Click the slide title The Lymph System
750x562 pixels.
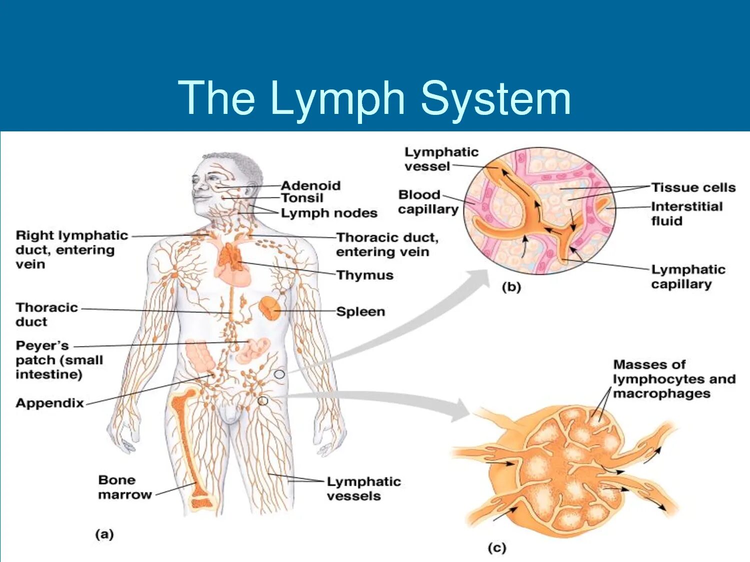(374, 98)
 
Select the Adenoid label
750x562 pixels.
(310, 186)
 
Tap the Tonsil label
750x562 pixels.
(302, 198)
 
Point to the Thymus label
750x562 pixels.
(364, 275)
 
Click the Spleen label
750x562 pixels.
(360, 312)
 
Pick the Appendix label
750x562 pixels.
(49, 403)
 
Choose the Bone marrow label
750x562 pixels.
(124, 488)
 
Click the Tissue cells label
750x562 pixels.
(693, 188)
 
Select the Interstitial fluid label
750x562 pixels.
(686, 214)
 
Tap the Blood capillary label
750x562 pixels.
(428, 202)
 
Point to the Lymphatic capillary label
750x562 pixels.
(687, 277)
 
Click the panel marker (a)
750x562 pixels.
(104, 535)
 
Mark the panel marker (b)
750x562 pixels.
(511, 287)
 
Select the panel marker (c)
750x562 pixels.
(496, 548)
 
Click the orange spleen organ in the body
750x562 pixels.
(269, 308)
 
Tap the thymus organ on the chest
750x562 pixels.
(230, 256)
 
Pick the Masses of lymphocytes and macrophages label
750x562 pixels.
(673, 379)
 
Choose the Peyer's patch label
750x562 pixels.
(59, 360)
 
